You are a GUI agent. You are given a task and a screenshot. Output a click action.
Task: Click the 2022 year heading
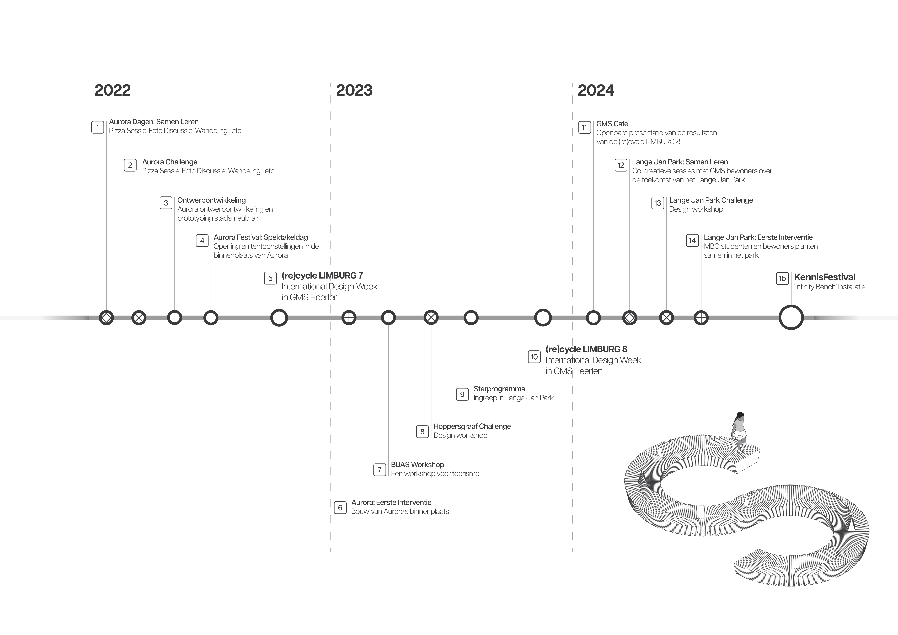point(113,90)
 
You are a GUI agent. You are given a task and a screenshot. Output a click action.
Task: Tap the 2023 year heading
point(354,90)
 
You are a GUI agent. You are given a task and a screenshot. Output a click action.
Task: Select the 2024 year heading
point(596,90)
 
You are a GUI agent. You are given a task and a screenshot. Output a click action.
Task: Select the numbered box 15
point(782,279)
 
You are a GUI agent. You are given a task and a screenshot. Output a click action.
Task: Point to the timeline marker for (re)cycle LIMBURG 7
point(279,318)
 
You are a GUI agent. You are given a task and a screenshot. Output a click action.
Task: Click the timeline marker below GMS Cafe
point(593,318)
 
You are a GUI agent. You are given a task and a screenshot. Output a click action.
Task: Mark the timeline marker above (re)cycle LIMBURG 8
point(543,318)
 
